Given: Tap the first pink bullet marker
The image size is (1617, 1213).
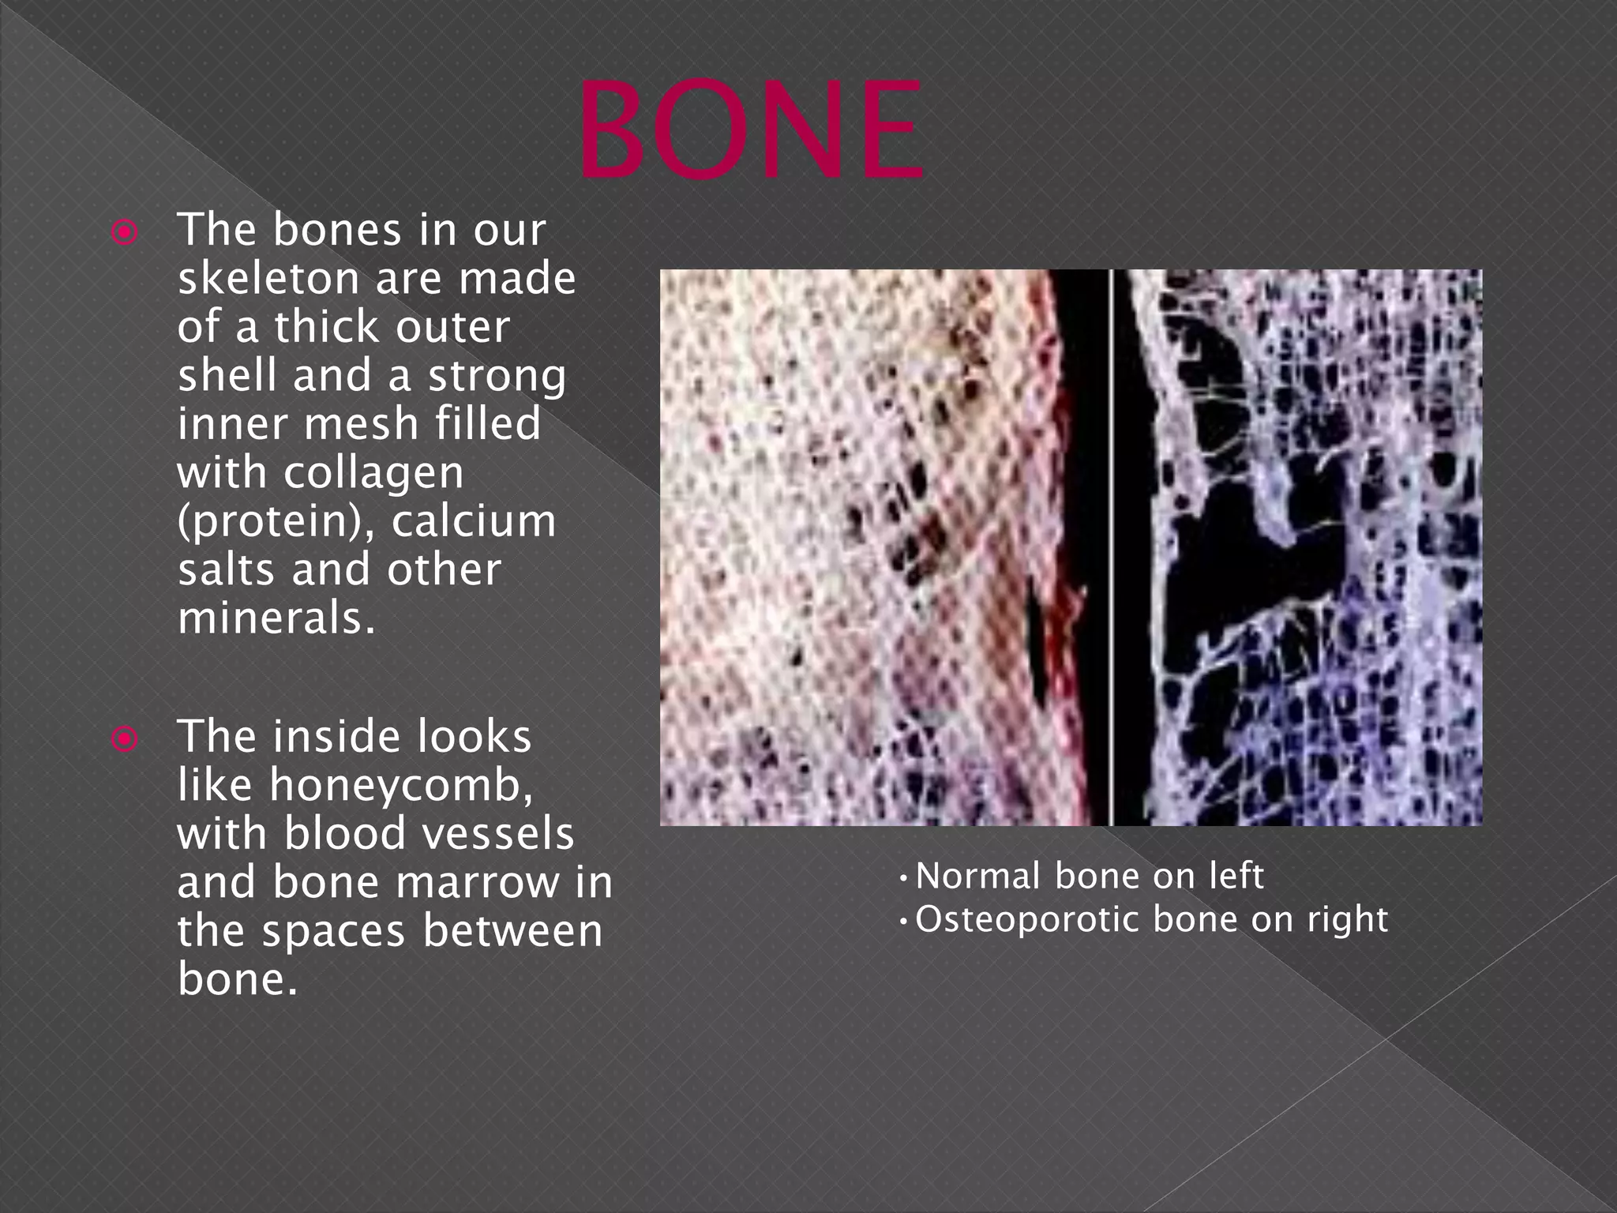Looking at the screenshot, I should (125, 233).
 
